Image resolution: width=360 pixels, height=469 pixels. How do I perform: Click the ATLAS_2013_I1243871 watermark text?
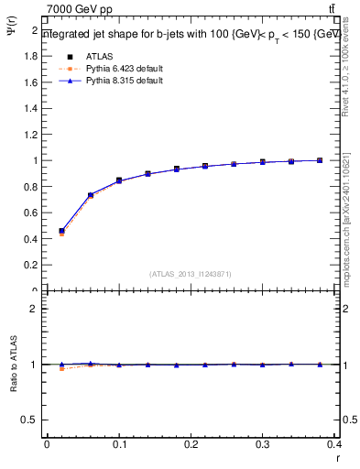190,274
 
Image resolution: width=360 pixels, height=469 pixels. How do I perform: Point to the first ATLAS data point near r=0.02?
61,232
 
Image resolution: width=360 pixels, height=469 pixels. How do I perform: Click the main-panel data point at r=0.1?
119,180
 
